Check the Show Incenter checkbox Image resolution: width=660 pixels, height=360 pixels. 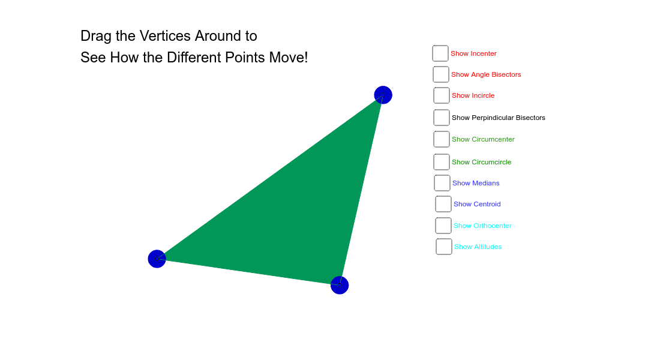[x=440, y=53]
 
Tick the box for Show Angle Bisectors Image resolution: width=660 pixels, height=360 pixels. [x=441, y=74]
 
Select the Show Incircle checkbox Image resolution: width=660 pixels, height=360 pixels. [x=442, y=95]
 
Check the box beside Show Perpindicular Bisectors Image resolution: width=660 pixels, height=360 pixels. [x=442, y=118]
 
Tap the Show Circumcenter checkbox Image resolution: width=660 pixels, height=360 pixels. [x=442, y=139]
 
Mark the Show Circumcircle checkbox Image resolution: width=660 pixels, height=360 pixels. [x=442, y=162]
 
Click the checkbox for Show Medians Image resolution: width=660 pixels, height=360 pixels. [x=442, y=183]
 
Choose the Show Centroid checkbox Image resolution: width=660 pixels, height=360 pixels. [x=443, y=204]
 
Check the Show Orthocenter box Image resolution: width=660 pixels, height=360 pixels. [x=443, y=226]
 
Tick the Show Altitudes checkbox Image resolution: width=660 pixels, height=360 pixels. [x=443, y=247]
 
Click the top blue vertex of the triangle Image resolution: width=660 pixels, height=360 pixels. [x=383, y=95]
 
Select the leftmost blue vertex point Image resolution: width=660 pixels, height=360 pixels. [x=157, y=259]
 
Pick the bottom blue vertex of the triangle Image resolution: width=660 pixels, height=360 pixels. [x=340, y=285]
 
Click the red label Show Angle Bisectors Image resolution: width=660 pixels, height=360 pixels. [x=486, y=74]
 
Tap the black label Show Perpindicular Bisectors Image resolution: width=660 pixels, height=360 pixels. [x=499, y=118]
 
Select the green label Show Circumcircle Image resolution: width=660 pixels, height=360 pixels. [x=482, y=162]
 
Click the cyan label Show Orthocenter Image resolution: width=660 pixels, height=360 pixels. [x=482, y=226]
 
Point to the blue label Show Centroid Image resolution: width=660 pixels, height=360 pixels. [x=477, y=204]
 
